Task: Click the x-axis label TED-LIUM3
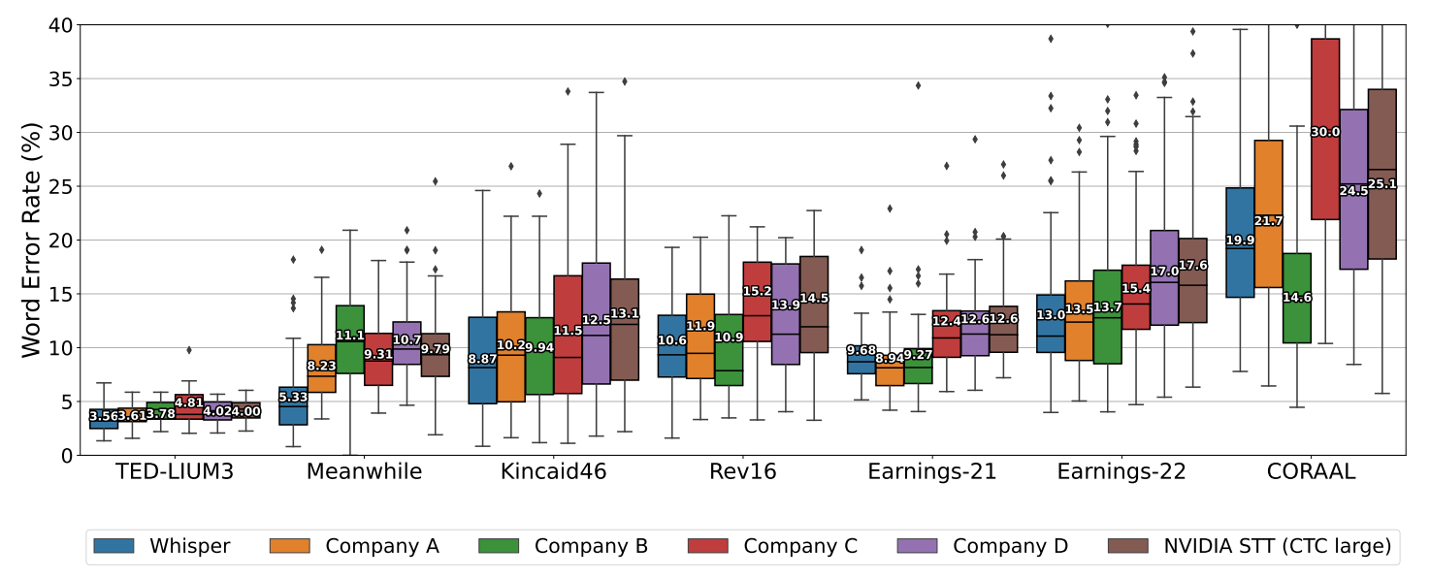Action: [175, 472]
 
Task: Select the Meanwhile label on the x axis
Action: [364, 472]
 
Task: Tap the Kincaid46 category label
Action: [553, 472]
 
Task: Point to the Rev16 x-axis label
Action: [743, 472]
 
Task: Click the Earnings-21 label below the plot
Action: [932, 472]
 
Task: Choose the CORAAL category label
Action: [1311, 472]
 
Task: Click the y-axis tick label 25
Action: [60, 186]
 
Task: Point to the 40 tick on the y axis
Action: [60, 25]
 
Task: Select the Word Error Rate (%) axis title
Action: [32, 240]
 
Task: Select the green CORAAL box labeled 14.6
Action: [1296, 320]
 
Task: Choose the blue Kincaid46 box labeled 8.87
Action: [482, 388]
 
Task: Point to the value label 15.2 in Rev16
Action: [756, 290]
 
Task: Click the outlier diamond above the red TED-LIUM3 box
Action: [189, 349]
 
